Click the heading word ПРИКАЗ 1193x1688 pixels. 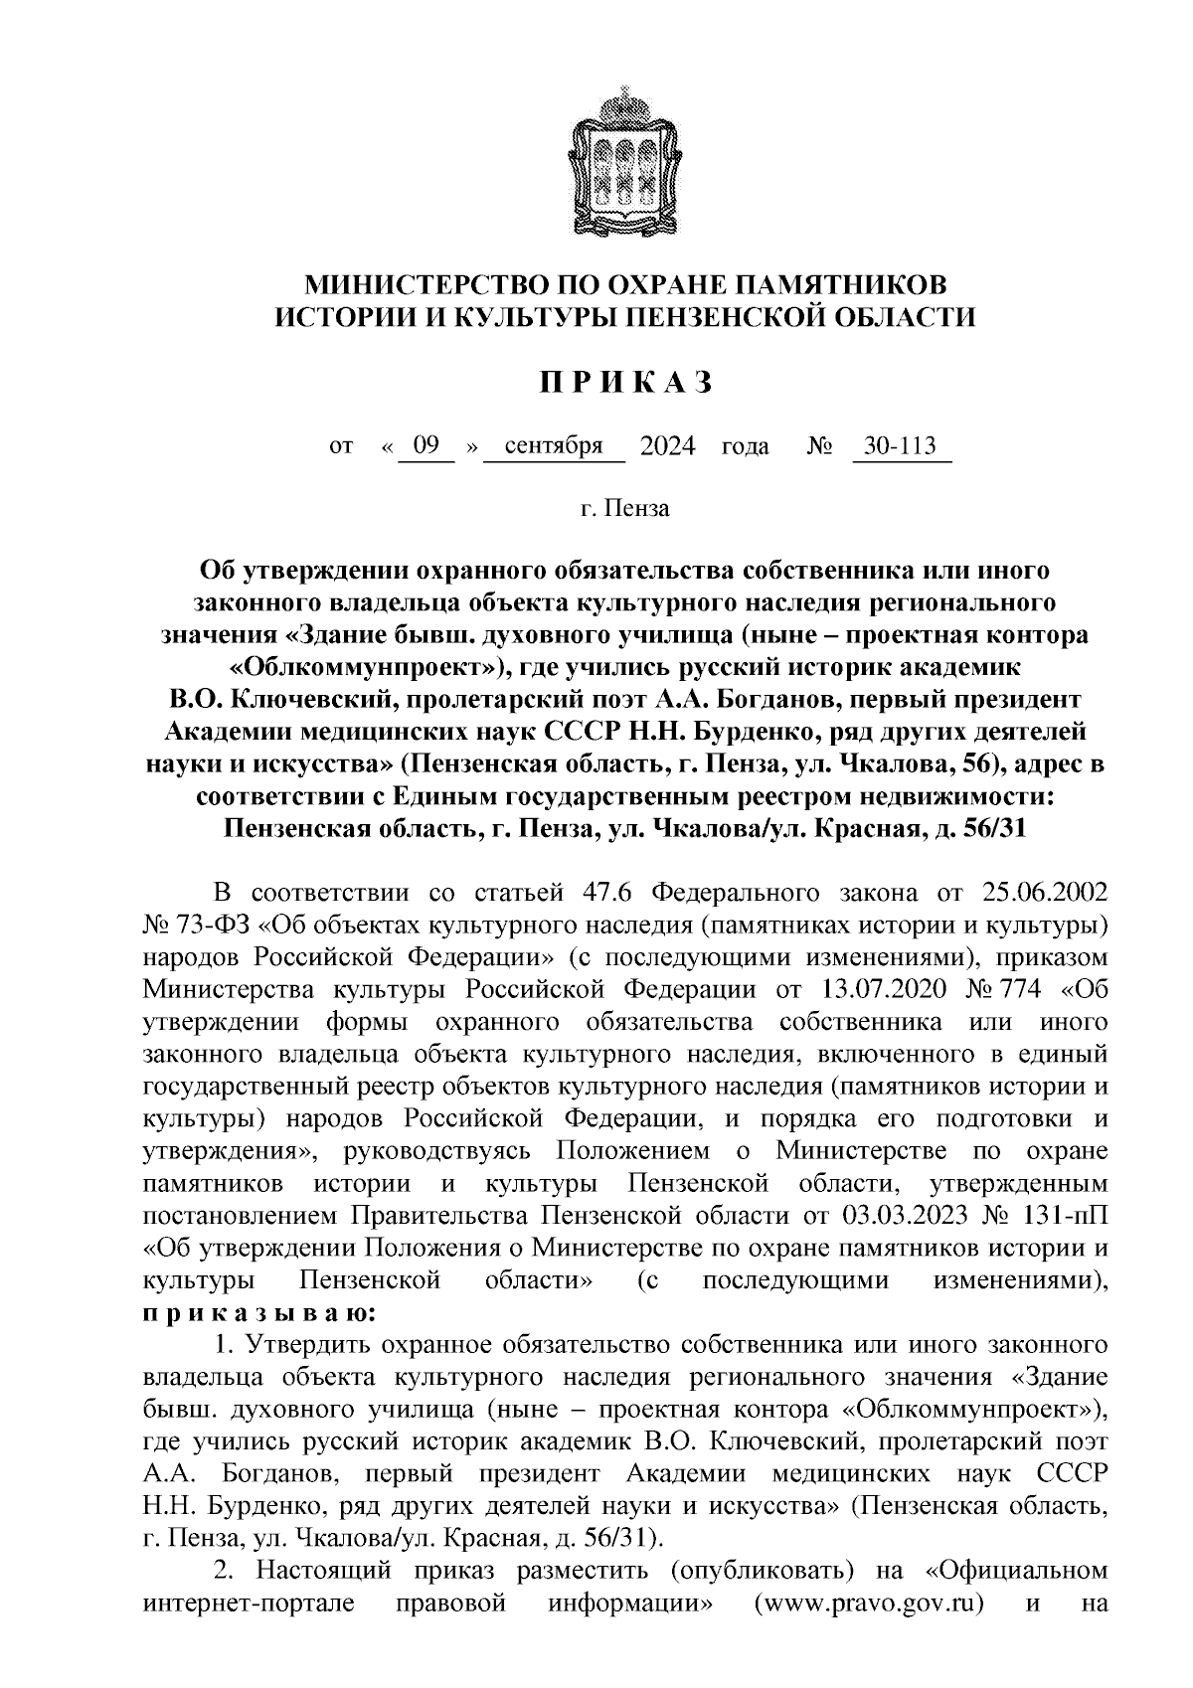[x=625, y=384]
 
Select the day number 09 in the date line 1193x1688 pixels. [x=426, y=445]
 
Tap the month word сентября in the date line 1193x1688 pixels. [x=554, y=445]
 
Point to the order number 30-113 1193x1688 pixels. [x=900, y=445]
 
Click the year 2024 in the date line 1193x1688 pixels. [x=667, y=445]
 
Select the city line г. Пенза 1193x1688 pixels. [x=625, y=509]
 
